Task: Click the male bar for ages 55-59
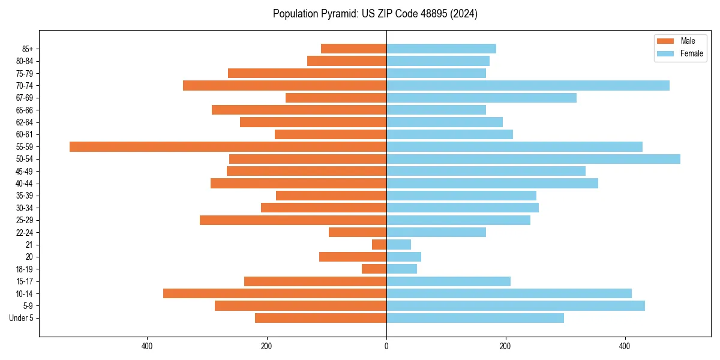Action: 228,146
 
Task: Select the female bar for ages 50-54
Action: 533,159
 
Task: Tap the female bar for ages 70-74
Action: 528,85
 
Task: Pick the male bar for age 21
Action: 379,245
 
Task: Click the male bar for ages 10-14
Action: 275,293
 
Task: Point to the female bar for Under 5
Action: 475,318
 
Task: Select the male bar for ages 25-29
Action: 293,220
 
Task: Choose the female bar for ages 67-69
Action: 481,98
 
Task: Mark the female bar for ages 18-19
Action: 401,269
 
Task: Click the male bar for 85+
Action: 353,49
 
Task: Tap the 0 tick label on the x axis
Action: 386,347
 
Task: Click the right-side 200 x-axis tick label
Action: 506,347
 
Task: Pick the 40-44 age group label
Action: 24,184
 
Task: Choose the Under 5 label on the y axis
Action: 21,318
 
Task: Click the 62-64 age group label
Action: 24,122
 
